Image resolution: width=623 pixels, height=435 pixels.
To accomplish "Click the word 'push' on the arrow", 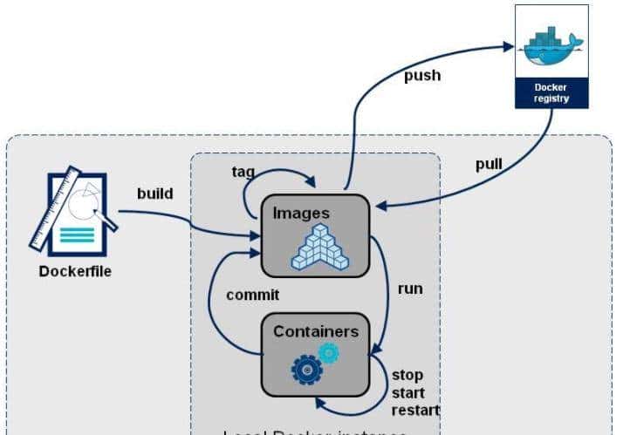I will click(421, 75).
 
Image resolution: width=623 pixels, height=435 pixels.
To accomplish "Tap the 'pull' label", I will click(489, 164).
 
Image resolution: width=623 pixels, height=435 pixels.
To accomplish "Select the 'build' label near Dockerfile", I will click(155, 193).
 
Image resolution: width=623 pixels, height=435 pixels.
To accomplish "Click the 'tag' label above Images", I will click(243, 171).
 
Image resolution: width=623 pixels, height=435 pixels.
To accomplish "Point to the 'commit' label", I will click(252, 295).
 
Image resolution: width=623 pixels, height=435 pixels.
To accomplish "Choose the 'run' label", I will click(409, 289).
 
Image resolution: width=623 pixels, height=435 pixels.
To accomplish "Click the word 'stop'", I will click(407, 375).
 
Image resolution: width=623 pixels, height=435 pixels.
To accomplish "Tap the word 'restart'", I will click(414, 410).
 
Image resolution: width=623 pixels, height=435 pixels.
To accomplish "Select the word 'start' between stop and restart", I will click(408, 392).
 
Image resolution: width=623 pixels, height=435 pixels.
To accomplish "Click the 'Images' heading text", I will click(300, 213).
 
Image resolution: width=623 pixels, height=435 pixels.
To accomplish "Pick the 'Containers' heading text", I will click(315, 331).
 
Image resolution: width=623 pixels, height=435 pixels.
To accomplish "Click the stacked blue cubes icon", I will click(320, 246).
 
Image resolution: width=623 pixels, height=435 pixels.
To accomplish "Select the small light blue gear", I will click(328, 352).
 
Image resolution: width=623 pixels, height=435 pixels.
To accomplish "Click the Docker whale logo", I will click(551, 44).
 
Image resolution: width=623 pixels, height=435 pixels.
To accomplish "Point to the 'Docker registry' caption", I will click(551, 92).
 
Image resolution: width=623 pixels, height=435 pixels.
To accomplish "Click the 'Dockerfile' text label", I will click(75, 271).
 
